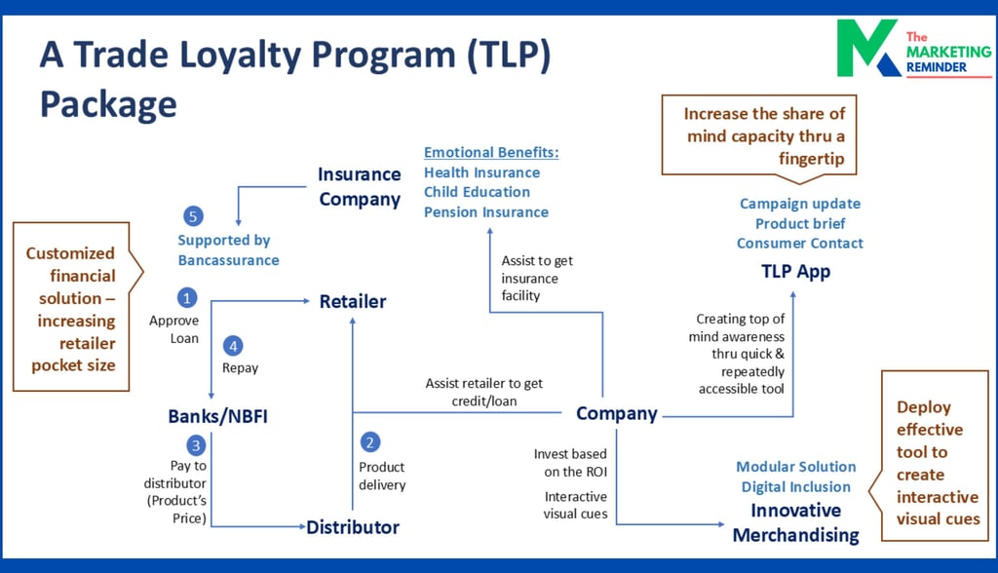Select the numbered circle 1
(187, 297)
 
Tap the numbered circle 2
(369, 442)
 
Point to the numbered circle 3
(196, 445)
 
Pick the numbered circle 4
(232, 345)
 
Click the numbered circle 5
(193, 215)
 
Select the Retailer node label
(353, 302)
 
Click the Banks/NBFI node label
(217, 417)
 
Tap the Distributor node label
(353, 527)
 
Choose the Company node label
(616, 413)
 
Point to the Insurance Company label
(359, 186)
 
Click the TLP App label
(795, 271)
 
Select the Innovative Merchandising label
(795, 522)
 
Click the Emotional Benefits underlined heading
(491, 153)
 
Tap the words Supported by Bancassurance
(228, 249)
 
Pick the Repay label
(242, 368)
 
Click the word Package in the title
(108, 102)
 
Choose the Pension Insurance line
(485, 212)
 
